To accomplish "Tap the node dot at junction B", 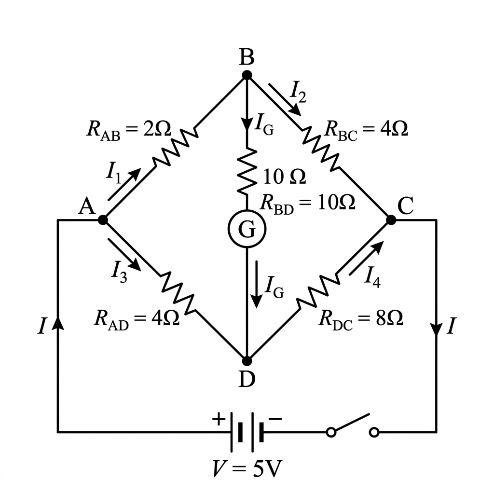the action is [247, 75].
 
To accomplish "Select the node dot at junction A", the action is [103, 220].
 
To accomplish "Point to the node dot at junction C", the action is [391, 220].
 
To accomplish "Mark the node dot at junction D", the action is [247, 361].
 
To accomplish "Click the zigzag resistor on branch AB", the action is [176, 147].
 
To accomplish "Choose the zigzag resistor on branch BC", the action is [321, 149].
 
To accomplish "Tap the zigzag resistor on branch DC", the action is [318, 290].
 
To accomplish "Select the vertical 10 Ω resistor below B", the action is [247, 172].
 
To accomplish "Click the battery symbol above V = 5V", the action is [247, 432].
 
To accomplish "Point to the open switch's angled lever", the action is [350, 423].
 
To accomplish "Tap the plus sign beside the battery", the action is [219, 419].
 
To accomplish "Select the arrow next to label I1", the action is [124, 184].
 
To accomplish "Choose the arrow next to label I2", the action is [285, 99].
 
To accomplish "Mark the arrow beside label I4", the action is [367, 258].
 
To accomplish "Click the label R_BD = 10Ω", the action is [308, 204].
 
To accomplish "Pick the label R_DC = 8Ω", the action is [361, 319].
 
